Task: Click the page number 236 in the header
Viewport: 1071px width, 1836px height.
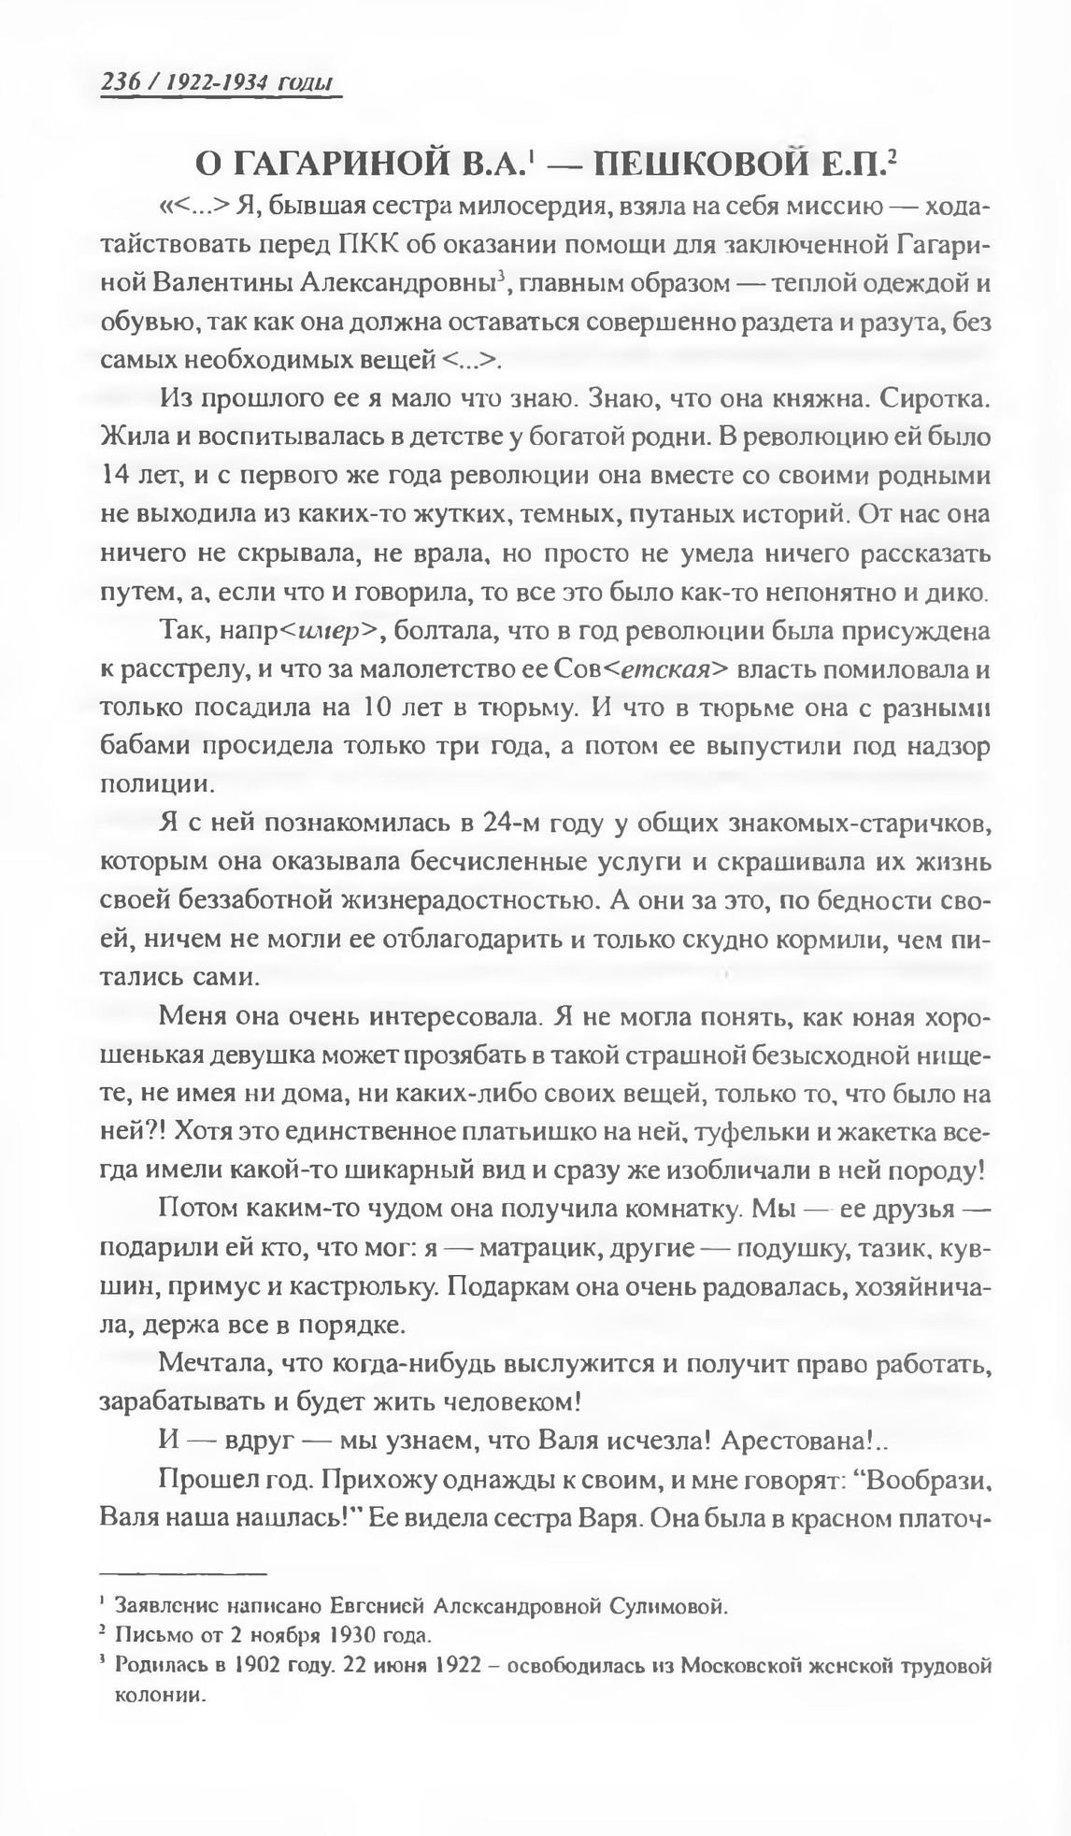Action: (120, 83)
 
